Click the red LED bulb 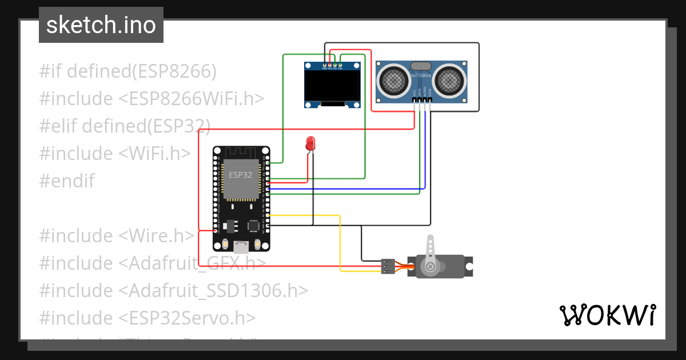[310, 143]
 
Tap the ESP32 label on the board [240, 175]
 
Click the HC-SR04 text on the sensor [421, 75]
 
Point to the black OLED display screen [333, 85]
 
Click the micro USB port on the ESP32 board [241, 247]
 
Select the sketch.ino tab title [101, 25]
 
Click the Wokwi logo [607, 315]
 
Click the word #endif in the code [66, 181]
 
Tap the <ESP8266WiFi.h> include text [192, 99]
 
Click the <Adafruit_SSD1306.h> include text [213, 291]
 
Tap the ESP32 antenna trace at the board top [241, 153]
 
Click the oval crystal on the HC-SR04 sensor [421, 66]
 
